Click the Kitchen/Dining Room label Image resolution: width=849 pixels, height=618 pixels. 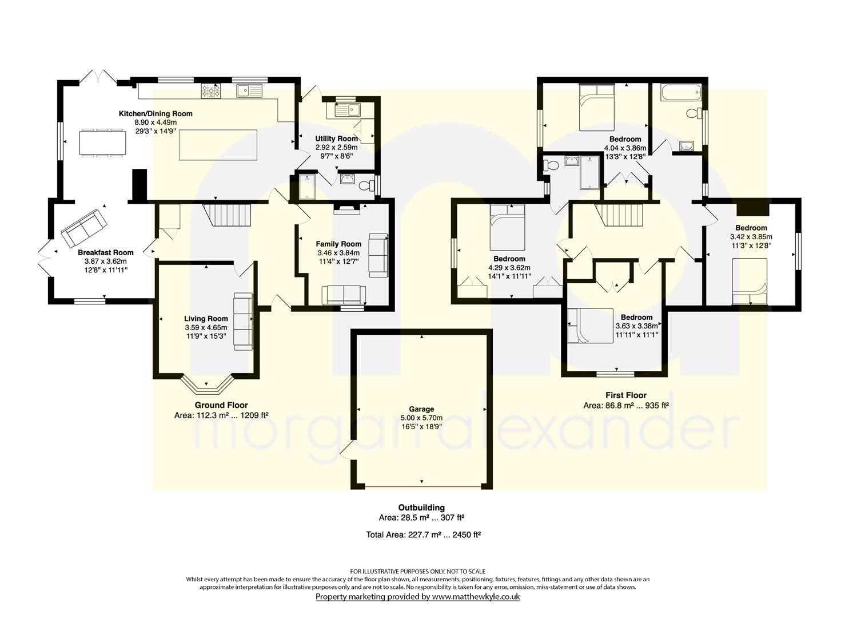pyautogui.click(x=156, y=113)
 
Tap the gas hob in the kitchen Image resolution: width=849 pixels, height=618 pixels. pyautogui.click(x=211, y=91)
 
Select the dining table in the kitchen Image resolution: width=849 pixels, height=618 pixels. pyautogui.click(x=103, y=142)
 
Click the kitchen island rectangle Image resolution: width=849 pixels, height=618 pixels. pyautogui.click(x=218, y=145)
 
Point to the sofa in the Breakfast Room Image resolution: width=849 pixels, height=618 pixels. pyautogui.click(x=85, y=228)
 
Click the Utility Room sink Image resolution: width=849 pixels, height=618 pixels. pyautogui.click(x=348, y=110)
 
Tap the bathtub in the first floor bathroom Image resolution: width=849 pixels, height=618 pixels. pyautogui.click(x=681, y=92)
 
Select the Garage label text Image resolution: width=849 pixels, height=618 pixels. pyautogui.click(x=421, y=409)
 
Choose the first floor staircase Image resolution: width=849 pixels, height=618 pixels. pyautogui.click(x=619, y=215)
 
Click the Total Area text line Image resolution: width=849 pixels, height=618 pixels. pyautogui.click(x=424, y=534)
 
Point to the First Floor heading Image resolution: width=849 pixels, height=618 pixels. pyautogui.click(x=626, y=395)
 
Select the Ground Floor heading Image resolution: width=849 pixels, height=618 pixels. pyautogui.click(x=221, y=405)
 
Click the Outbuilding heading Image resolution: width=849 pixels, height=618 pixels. pyautogui.click(x=421, y=507)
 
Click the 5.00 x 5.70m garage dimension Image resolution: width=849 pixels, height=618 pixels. pyautogui.click(x=421, y=418)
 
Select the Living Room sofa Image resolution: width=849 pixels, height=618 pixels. pyautogui.click(x=243, y=322)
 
